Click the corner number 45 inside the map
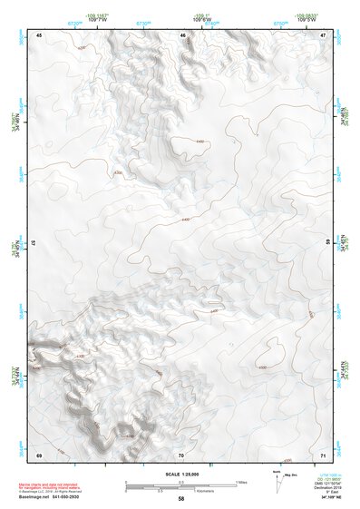pyautogui.click(x=39, y=34)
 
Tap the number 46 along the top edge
pyautogui.click(x=182, y=34)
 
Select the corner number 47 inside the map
pyautogui.click(x=324, y=34)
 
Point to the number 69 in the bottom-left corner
pyautogui.click(x=39, y=454)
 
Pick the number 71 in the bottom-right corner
pyautogui.click(x=324, y=454)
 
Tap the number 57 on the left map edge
pyautogui.click(x=34, y=244)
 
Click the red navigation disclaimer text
pyautogui.click(x=63, y=487)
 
